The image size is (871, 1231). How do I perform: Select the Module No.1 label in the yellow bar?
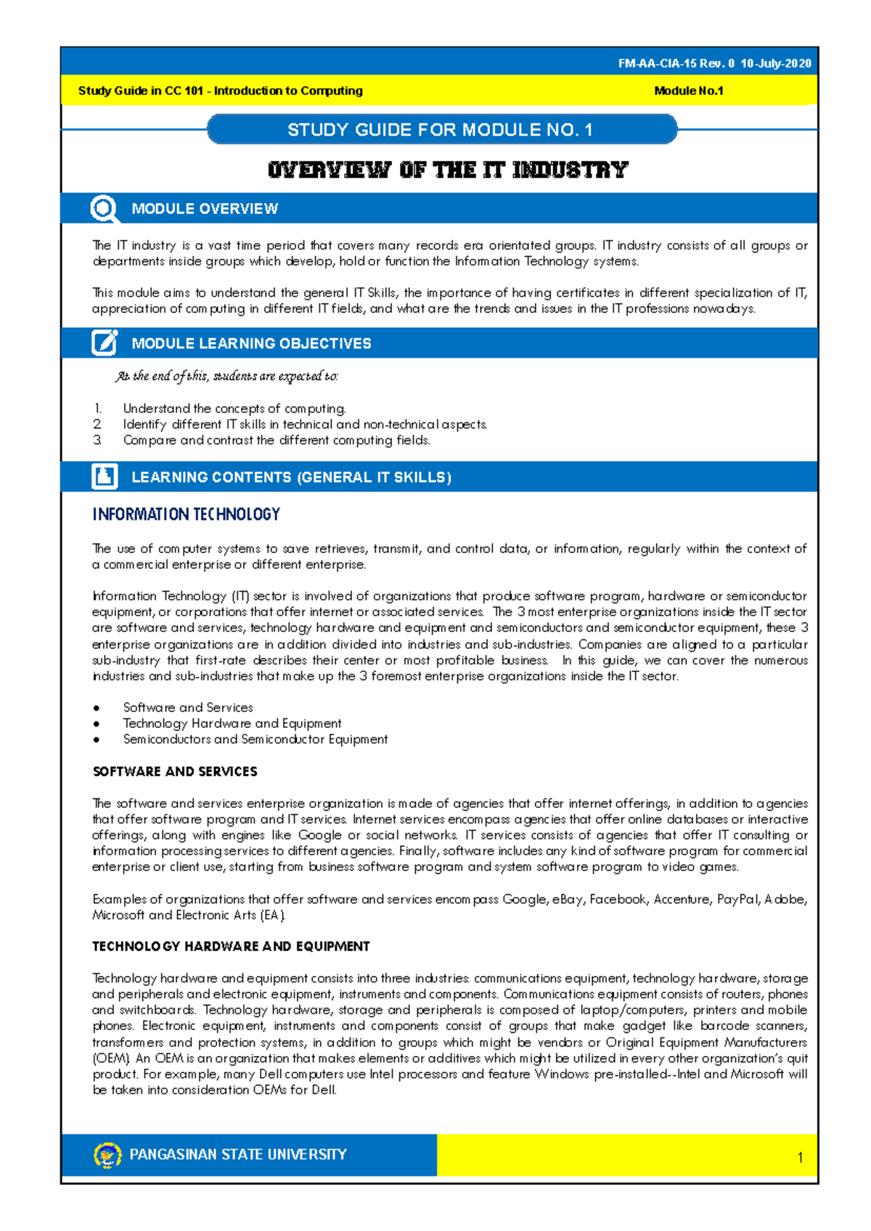pos(688,91)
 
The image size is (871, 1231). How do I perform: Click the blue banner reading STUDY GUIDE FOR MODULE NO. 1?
pos(441,130)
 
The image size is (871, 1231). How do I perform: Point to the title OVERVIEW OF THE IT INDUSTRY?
pos(447,171)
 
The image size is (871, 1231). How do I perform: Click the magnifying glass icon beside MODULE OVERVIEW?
pos(104,209)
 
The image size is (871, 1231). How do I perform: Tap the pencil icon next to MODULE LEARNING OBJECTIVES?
pos(105,343)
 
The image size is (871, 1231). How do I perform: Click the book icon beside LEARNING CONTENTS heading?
pos(105,477)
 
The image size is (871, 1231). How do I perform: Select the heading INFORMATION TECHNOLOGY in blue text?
pos(186,515)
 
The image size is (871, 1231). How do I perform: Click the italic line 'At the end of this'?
pos(226,376)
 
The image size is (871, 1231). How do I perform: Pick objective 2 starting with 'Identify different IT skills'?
pos(304,425)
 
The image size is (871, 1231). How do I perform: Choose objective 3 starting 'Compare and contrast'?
pos(277,441)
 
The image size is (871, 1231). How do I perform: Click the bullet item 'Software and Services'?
pos(188,708)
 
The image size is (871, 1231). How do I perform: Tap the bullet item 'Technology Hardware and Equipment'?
pos(232,724)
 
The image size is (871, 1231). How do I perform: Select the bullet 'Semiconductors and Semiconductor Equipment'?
pos(255,740)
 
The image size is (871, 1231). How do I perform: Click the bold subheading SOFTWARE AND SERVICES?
pos(175,772)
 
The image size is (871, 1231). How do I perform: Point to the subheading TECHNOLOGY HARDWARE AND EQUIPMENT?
pos(231,946)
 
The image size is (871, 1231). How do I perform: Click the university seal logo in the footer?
pos(107,1154)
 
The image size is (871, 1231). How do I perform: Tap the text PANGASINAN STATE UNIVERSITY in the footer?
pos(238,1154)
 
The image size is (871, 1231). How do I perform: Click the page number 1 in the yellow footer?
pos(800,1158)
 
